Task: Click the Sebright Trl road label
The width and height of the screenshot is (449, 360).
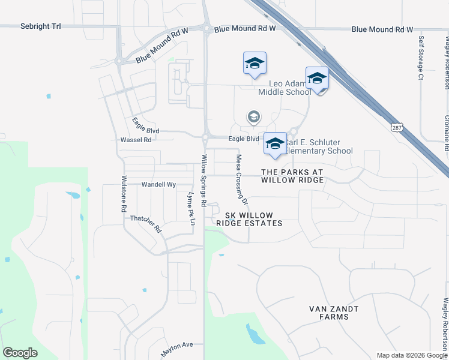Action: (x=41, y=26)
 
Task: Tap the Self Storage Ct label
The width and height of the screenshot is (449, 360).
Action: (x=421, y=57)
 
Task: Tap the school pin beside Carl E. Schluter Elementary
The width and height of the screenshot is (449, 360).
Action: (x=275, y=144)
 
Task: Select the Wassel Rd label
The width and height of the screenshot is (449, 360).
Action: (x=136, y=139)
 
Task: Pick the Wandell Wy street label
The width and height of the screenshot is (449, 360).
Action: (x=158, y=185)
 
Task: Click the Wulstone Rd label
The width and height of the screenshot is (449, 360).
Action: (x=124, y=193)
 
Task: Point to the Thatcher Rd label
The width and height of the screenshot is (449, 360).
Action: (x=146, y=224)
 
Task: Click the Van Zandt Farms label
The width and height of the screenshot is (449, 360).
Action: (x=334, y=313)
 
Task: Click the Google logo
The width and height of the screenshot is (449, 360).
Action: (x=20, y=352)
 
